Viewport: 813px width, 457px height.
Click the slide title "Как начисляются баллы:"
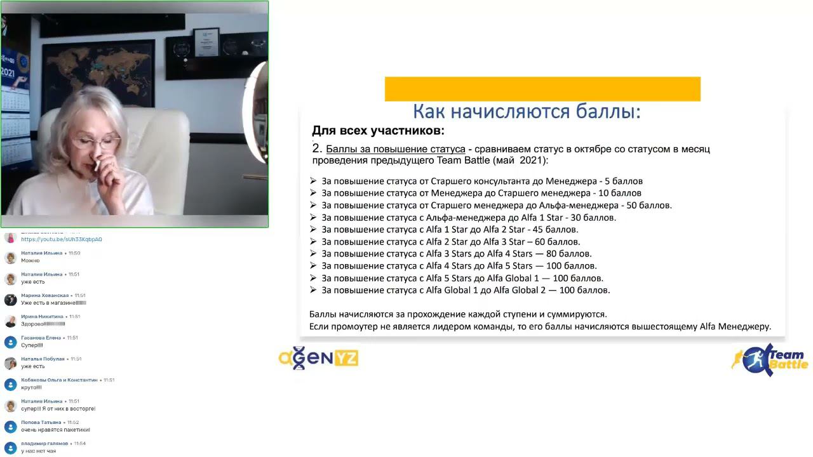527,112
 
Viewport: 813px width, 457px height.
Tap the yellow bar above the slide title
542,89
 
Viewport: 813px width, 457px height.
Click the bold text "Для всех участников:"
378,131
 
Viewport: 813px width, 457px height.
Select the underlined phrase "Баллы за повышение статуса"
395,149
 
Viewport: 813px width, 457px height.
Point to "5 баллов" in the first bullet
624,181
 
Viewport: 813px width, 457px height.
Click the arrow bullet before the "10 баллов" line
313,193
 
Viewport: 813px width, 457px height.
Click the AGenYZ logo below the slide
318,359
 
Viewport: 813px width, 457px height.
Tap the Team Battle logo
770,360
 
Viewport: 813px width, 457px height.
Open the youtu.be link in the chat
62,239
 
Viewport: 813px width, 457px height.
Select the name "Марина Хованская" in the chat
44,295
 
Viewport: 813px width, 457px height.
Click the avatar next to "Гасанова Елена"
10,342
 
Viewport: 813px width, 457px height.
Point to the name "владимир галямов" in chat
44,443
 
